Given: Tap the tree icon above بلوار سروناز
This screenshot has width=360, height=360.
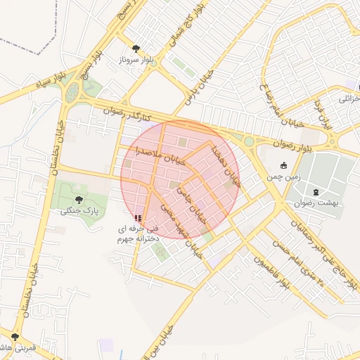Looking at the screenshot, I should pyautogui.click(x=136, y=49).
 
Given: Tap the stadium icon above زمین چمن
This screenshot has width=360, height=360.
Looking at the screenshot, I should pyautogui.click(x=284, y=166).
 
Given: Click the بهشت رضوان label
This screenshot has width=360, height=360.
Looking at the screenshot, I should pyautogui.click(x=315, y=202).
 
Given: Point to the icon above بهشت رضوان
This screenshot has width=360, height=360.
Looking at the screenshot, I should pyautogui.click(x=315, y=190).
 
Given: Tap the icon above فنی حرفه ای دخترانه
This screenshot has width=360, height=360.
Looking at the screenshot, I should pyautogui.click(x=137, y=218).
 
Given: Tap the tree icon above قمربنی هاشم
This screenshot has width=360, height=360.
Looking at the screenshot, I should pyautogui.click(x=15, y=337).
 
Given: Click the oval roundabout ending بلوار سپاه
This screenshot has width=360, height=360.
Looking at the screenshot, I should pyautogui.click(x=72, y=92).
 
